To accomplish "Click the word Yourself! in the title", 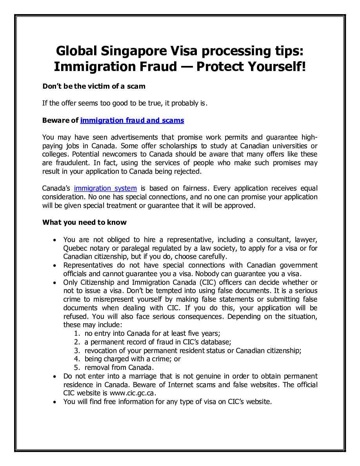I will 271,67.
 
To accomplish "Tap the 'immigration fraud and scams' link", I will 132,120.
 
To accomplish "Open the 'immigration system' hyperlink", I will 105,188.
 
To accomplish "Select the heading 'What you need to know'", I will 84,222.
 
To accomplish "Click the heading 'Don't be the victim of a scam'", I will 94,86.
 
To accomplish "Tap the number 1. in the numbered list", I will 77,333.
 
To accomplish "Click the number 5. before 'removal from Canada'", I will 77,368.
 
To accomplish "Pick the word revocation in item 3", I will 102,350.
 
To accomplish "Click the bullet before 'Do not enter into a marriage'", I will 55,377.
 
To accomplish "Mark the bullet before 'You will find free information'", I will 55,402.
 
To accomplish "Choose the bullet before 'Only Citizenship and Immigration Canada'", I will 55,282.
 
